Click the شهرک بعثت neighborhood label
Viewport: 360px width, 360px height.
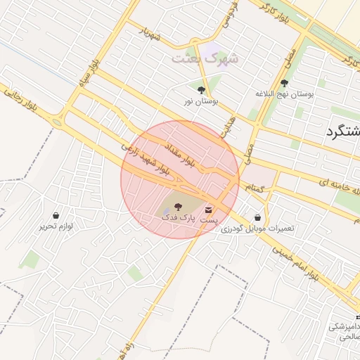[205, 58]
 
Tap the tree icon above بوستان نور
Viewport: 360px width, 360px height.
[202, 90]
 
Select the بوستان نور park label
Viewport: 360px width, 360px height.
[201, 101]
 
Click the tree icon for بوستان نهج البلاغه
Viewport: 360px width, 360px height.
[284, 83]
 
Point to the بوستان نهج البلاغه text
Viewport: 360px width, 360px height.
[283, 94]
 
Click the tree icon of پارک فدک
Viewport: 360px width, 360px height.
[176, 206]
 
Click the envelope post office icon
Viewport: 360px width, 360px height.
[208, 210]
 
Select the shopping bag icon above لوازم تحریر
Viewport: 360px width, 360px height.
[56, 215]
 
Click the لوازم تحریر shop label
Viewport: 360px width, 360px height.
[56, 226]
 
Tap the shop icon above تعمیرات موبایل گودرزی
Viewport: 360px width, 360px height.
[257, 218]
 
